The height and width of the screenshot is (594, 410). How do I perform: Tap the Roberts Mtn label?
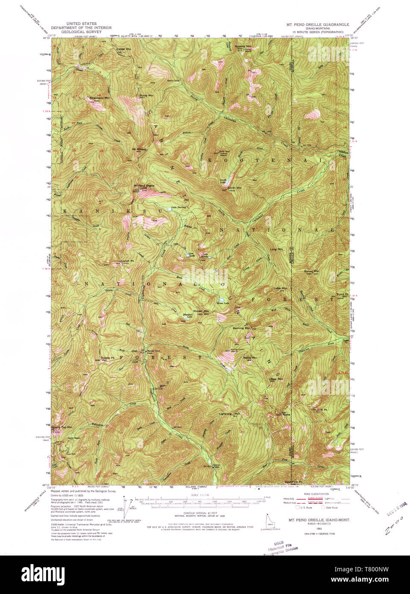coord(243,46)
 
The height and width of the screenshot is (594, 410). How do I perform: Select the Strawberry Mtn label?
coord(97,97)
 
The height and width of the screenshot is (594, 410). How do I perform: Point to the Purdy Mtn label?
coord(146,95)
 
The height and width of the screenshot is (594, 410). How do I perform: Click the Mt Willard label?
coord(139,149)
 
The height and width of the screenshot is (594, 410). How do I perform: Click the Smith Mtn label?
coord(235,188)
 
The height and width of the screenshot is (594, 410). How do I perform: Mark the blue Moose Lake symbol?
coord(221,299)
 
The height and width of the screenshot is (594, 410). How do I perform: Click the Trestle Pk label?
coord(107,358)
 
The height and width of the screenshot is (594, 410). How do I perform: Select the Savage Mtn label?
coord(311,271)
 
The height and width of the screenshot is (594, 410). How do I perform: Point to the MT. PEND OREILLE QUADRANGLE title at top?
coord(318,25)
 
